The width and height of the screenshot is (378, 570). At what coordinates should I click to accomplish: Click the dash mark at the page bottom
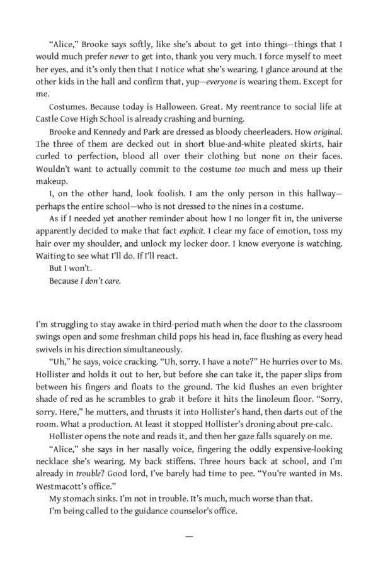[x=189, y=536]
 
